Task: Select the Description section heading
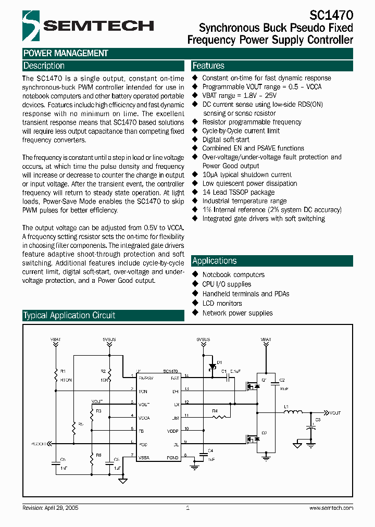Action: coord(44,66)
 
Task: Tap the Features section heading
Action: coord(208,66)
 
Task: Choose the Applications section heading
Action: coord(214,261)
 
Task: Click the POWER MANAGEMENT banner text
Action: coord(66,53)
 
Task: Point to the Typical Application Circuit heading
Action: coord(69,316)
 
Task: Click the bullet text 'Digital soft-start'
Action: coord(226,140)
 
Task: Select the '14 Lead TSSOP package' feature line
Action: coord(238,192)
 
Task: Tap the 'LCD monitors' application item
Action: coord(222,303)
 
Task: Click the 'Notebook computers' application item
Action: coord(233,274)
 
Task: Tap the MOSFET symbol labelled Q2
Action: coord(254,438)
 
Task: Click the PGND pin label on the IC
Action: coord(172,457)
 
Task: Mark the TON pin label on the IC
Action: coord(142,391)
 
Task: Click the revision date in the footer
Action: coord(51,508)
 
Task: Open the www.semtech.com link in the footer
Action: coord(331,508)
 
